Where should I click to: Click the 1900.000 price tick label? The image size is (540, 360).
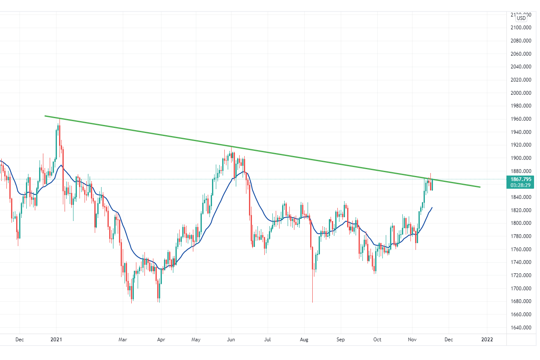point(521,158)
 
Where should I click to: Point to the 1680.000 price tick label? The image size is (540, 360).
point(521,302)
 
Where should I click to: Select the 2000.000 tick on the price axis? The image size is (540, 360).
point(521,93)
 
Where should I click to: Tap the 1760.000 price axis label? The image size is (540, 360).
point(521,249)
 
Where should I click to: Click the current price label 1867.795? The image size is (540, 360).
point(521,179)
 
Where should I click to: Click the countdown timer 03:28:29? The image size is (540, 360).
point(521,185)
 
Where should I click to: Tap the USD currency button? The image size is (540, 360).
point(521,18)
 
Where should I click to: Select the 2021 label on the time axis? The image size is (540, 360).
point(56,340)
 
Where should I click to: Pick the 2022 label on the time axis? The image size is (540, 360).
point(487,340)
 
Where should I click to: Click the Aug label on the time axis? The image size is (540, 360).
point(305,340)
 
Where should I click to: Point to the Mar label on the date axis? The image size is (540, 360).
point(123,340)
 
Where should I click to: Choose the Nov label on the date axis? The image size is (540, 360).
point(411,340)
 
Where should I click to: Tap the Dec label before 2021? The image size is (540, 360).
point(20,340)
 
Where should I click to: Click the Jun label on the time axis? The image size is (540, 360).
point(231,340)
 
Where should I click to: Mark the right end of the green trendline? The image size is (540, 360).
point(480,187)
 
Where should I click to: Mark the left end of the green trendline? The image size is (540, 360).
point(45,116)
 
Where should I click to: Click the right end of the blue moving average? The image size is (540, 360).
point(432,207)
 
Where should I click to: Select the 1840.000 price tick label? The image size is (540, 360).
point(521,197)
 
